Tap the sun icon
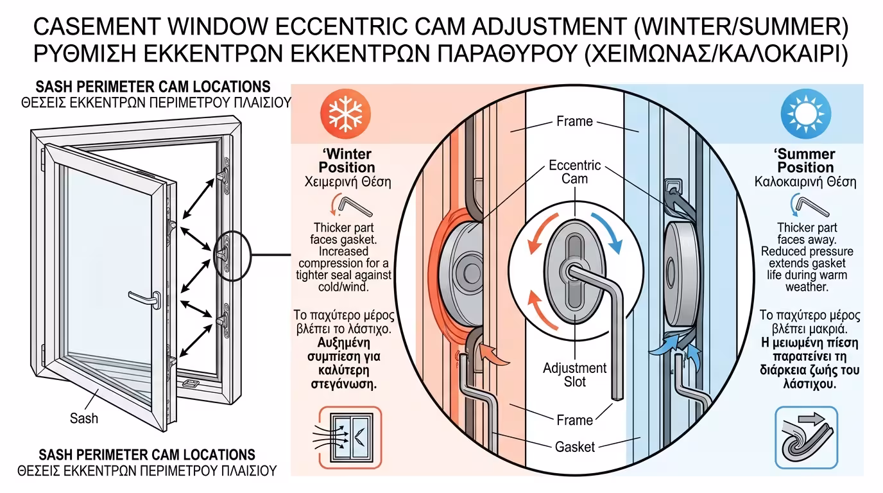[801, 115]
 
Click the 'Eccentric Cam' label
[574, 171]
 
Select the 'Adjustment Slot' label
[574, 375]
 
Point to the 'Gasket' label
[575, 446]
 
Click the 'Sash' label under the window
[84, 419]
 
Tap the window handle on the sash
[146, 298]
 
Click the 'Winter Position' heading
[347, 161]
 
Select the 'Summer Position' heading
[805, 160]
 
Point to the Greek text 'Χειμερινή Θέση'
[347, 182]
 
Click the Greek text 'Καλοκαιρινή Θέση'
[805, 182]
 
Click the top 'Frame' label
[574, 121]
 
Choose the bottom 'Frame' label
[574, 420]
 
